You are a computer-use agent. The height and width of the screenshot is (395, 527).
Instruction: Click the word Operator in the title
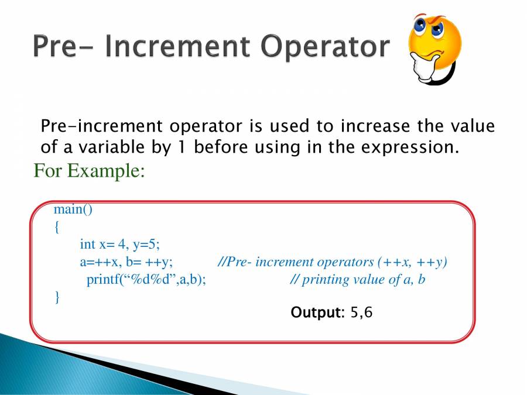325,47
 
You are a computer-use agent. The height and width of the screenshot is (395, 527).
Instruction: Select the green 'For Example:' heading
89,170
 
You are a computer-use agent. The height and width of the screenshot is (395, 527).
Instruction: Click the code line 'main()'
73,209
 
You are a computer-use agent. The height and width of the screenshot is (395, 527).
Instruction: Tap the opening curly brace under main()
57,227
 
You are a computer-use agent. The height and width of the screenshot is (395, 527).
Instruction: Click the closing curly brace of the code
57,297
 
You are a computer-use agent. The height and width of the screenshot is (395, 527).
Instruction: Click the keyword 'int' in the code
87,244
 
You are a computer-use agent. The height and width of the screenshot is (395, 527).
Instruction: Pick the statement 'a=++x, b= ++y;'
126,262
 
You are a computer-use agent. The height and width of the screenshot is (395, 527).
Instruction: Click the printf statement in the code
146,280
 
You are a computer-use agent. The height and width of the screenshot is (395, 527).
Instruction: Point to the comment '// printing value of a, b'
357,280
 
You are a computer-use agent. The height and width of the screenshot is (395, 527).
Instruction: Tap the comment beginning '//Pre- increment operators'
333,262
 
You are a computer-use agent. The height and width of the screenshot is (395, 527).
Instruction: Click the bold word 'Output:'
317,312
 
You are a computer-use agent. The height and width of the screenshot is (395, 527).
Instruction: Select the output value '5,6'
362,312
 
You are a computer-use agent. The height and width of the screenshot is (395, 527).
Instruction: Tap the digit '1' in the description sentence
182,147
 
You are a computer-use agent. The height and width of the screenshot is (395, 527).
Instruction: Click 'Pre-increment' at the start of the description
101,126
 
